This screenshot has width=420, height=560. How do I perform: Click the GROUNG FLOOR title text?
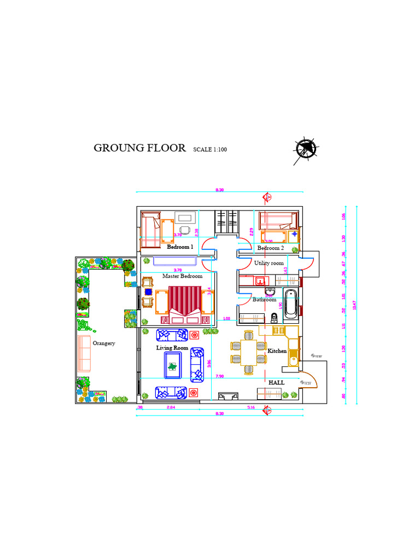coord(139,148)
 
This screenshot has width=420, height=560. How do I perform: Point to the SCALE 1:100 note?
coord(210,149)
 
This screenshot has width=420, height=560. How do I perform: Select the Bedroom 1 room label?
coord(180,247)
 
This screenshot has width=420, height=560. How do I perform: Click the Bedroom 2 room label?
coord(271,248)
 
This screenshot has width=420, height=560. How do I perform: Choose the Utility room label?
coord(269,263)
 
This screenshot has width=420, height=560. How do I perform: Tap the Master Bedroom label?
coord(182,276)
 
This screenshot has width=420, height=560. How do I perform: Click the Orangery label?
coord(104,343)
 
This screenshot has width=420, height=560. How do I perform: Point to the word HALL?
coord(276,383)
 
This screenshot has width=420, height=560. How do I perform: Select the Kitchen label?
coord(277,351)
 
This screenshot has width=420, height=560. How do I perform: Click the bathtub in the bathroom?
coord(291,305)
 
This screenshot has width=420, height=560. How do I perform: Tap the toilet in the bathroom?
coord(274,317)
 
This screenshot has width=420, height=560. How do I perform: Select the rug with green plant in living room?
coord(173,365)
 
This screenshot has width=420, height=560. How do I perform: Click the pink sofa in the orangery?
coord(84,353)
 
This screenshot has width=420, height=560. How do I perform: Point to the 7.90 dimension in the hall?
coord(219,376)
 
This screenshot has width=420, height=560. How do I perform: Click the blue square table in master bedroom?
coord(148,292)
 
